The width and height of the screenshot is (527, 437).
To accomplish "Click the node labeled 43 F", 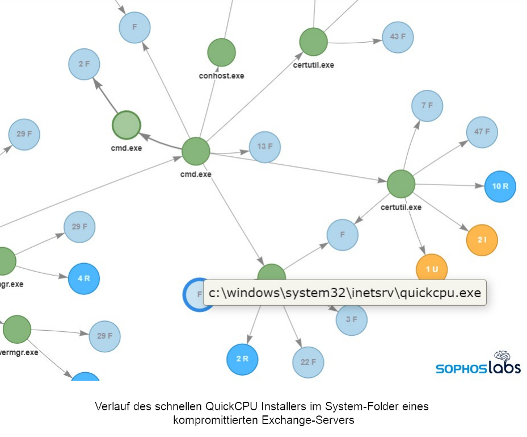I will tap(398, 37).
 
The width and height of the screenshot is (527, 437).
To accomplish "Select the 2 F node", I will tap(84, 64).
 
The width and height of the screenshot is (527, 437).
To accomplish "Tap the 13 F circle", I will tap(265, 147).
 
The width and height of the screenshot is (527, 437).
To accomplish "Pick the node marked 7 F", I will tap(427, 106).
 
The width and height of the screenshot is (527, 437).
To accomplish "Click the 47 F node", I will tap(482, 132).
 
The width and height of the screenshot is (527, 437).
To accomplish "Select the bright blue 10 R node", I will tap(500, 186).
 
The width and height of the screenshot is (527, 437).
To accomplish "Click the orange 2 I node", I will tap(482, 240).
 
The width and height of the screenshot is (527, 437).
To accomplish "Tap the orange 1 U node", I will tap(432, 268).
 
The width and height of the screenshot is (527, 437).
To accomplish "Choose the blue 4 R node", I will tap(83, 278).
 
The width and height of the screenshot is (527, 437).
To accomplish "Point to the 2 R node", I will tap(242, 359).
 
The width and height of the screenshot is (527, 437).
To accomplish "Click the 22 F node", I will tap(308, 362).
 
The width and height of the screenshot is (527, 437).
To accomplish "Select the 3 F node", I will tap(351, 319).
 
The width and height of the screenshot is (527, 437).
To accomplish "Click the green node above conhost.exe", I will tap(221, 52).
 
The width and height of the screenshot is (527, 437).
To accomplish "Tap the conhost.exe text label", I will tap(221, 76).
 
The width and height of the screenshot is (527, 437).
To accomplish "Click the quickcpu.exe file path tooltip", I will tap(344, 293).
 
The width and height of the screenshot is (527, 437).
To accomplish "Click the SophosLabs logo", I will tap(478, 364).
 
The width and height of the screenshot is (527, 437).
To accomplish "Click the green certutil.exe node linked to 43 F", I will tap(314, 41).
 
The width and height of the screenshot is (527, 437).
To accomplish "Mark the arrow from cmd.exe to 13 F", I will tap(230, 152).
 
